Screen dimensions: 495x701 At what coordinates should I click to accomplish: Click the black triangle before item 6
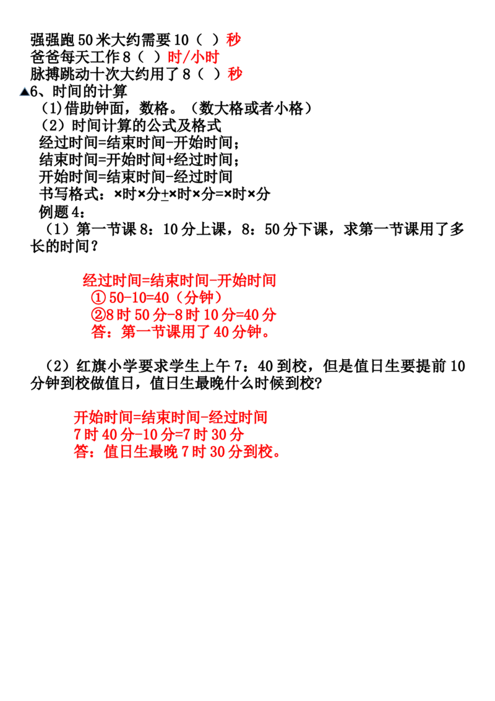click(25, 92)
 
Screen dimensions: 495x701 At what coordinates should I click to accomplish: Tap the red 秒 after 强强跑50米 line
click(234, 40)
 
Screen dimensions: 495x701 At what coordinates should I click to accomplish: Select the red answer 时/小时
click(194, 57)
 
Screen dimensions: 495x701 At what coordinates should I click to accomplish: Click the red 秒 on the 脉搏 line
click(235, 74)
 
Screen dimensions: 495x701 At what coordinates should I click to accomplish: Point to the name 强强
click(45, 40)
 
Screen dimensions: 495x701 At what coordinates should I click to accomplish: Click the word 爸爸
click(45, 57)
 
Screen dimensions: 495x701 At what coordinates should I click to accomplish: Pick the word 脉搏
click(45, 74)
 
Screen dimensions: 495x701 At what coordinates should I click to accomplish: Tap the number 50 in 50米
click(85, 40)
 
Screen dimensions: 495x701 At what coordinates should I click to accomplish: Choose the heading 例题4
click(59, 211)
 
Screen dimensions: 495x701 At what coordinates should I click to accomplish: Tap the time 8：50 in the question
click(261, 229)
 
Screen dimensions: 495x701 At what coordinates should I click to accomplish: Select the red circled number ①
click(98, 298)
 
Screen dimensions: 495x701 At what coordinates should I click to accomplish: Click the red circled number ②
click(98, 315)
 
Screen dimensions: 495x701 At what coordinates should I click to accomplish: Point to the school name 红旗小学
click(107, 366)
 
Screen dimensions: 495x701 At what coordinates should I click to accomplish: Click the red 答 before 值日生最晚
click(81, 451)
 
